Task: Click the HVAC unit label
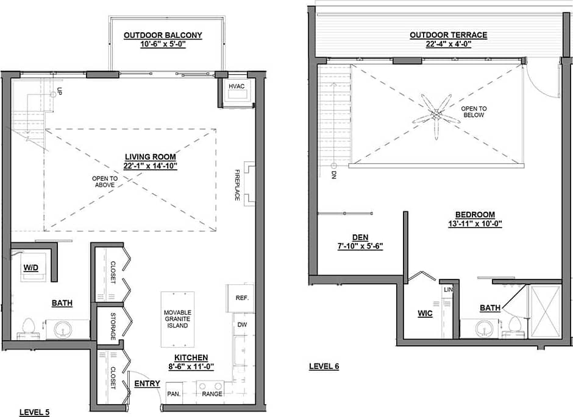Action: (x=237, y=86)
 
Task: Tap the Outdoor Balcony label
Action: (x=163, y=35)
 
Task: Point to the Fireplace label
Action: (x=238, y=184)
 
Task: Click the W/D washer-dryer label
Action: (x=30, y=267)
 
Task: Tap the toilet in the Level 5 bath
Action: (x=26, y=328)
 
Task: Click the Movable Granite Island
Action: (x=177, y=319)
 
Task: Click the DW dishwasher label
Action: (x=241, y=324)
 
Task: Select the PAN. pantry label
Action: (x=174, y=394)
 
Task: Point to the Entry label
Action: (x=147, y=384)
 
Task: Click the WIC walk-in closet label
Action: (x=425, y=314)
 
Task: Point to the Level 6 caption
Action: (x=324, y=366)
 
